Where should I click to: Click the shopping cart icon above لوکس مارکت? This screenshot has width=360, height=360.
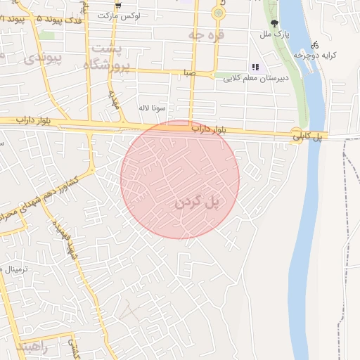coord(117,6)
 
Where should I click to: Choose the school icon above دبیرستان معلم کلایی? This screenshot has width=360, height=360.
coord(255,67)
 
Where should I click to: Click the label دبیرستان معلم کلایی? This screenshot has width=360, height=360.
coord(253,78)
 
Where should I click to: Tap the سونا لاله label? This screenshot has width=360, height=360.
coord(152,108)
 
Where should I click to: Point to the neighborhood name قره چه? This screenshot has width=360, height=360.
coord(207,34)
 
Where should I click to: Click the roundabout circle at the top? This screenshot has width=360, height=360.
coord(219,13)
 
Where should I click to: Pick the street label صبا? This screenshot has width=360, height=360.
coord(188,72)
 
